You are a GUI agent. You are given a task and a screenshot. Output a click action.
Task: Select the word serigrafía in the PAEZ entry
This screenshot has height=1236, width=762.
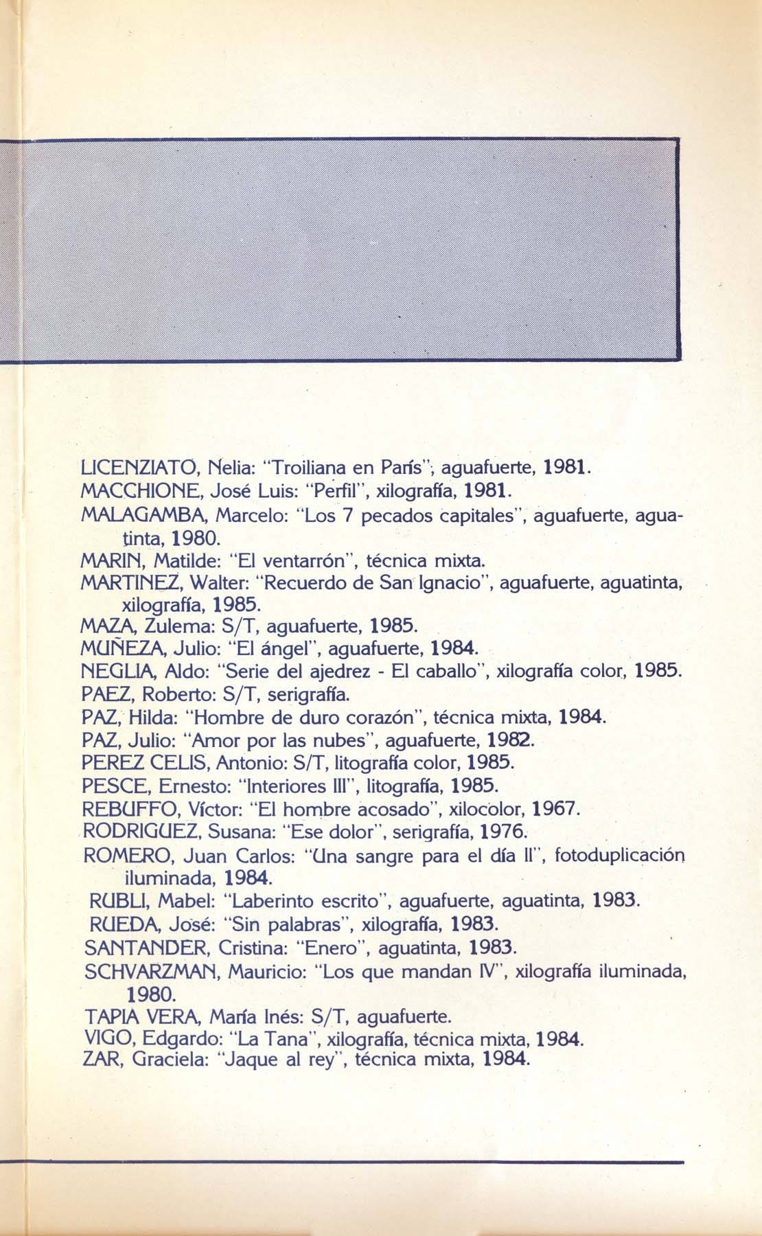(310, 694)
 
